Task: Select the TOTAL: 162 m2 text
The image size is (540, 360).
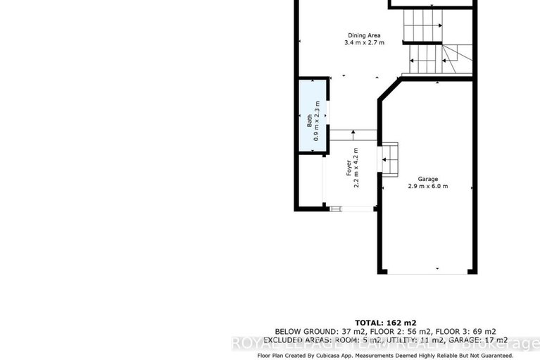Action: tap(384, 323)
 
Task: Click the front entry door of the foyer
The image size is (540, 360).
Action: tap(350, 208)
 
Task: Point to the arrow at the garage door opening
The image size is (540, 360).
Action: tap(437, 269)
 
